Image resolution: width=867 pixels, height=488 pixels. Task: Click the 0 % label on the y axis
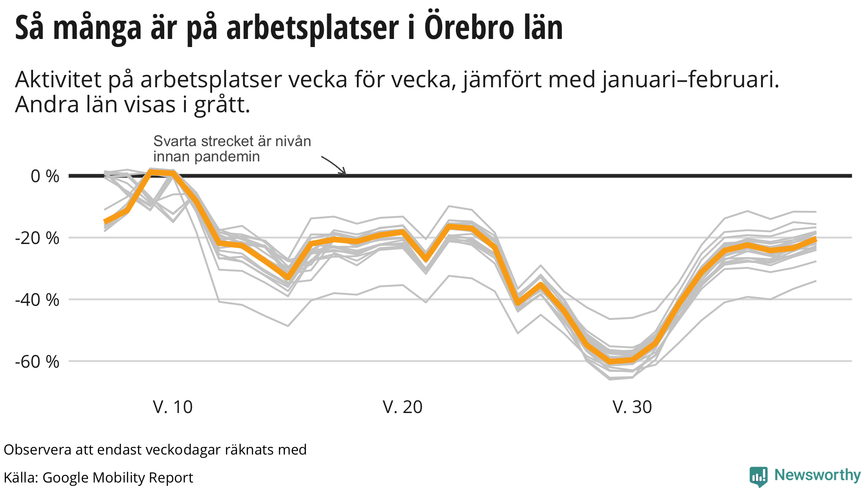45,176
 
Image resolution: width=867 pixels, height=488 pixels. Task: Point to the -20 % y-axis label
37,238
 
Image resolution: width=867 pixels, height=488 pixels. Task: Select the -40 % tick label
37,300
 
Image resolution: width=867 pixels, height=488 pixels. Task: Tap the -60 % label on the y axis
37,362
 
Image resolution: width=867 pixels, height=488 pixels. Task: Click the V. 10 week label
173,407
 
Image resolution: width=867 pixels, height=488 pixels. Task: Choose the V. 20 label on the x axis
403,407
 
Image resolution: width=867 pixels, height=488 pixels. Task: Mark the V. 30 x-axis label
632,407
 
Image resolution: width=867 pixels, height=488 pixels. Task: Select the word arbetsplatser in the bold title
312,29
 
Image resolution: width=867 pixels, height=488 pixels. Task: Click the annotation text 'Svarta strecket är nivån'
232,141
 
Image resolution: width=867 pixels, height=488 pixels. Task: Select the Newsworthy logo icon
758,476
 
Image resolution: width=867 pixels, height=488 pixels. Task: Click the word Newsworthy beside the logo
817,475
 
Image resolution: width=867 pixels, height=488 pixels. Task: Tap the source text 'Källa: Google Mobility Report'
98,477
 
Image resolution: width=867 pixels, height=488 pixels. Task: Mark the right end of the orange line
815,240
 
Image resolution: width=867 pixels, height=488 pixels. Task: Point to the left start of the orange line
105,222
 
